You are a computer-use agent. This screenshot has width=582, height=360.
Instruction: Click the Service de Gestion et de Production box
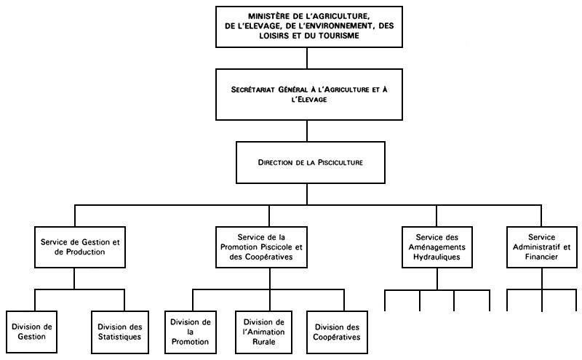point(75,247)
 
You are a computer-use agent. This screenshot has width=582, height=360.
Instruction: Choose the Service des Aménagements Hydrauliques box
point(437,247)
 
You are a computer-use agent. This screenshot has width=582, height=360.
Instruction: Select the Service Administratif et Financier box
point(542,247)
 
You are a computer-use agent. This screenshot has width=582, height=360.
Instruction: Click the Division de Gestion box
point(33,332)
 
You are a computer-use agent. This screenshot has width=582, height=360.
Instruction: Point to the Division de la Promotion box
point(191,332)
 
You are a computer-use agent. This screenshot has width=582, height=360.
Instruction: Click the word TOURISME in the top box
point(338,35)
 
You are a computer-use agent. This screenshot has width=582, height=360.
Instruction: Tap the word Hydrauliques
point(437,257)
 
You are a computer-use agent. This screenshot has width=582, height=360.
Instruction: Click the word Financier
point(542,257)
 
